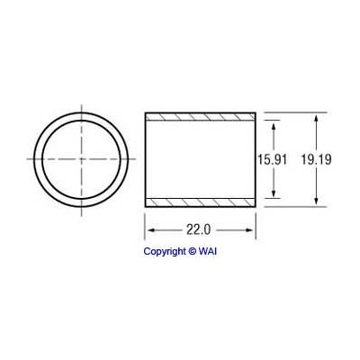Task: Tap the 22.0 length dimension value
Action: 200,230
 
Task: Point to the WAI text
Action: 208,251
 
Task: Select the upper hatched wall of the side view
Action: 200,119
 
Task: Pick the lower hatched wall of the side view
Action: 200,199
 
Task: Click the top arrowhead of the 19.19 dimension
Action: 316,117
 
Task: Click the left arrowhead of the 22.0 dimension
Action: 149,230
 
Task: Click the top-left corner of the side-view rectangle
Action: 145,113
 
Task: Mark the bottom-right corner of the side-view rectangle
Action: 256,204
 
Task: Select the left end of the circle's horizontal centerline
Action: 30,158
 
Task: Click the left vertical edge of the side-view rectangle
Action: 145,158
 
